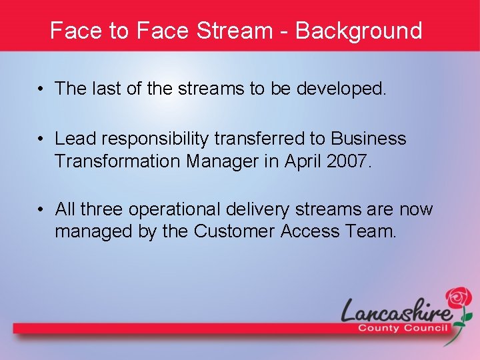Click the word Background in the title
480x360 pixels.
click(359, 31)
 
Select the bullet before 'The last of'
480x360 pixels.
click(41, 89)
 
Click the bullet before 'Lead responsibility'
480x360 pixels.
click(41, 139)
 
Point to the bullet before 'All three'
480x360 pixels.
click(41, 210)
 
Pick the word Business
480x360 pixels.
click(369, 139)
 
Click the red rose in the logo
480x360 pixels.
click(458, 298)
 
